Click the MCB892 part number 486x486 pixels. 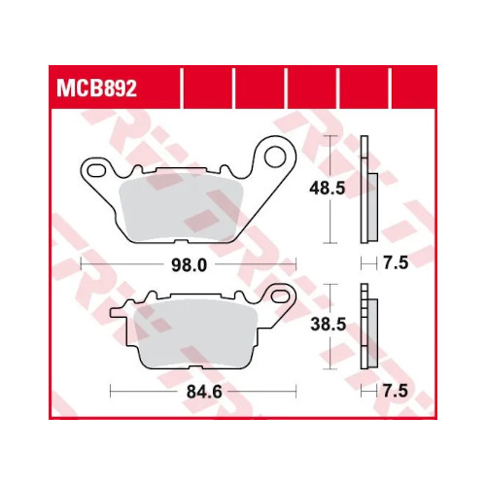point(96,88)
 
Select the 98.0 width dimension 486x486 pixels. point(190,265)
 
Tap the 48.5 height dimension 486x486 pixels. point(328,189)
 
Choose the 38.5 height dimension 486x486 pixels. point(329,325)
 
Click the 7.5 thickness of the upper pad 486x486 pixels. point(396,262)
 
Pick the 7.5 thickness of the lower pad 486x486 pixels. point(396,391)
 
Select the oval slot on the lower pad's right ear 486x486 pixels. point(281,295)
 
